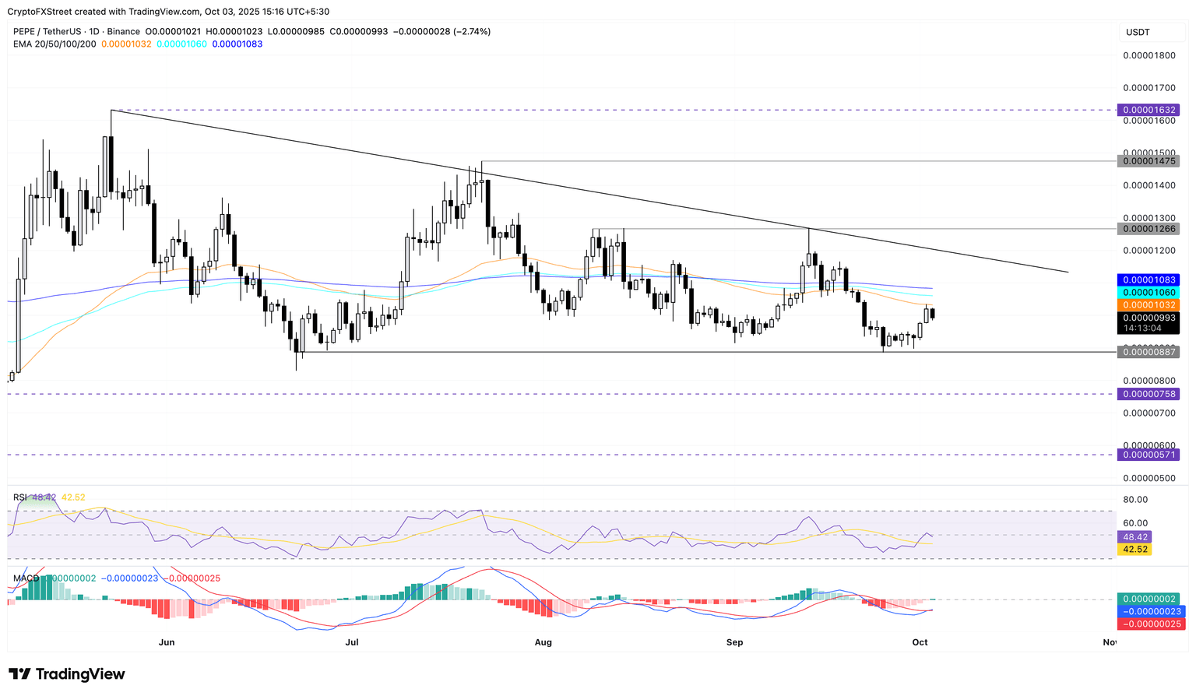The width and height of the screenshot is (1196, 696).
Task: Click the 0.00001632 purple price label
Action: click(1147, 110)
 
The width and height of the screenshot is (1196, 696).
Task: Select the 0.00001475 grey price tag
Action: click(1147, 161)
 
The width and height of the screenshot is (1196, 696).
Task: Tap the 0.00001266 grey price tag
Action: click(1147, 229)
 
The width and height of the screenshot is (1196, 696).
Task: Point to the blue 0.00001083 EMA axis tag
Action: click(1147, 279)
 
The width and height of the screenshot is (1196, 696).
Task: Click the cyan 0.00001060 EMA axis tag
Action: click(1147, 292)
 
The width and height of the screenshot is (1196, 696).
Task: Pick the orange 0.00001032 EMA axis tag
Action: click(1147, 304)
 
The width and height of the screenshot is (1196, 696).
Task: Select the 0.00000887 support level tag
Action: click(1147, 352)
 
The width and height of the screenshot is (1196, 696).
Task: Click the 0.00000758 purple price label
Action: click(1147, 394)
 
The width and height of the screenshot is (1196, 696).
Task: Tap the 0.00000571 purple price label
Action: click(1147, 455)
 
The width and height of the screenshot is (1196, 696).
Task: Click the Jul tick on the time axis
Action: click(352, 642)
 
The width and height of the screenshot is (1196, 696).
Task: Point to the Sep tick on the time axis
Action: click(734, 642)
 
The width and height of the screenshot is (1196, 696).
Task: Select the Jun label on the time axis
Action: click(166, 642)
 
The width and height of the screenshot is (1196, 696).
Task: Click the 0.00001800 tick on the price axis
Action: click(1149, 55)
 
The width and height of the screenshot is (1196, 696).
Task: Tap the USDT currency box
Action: click(1138, 32)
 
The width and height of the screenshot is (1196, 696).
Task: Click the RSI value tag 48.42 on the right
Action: click(1133, 536)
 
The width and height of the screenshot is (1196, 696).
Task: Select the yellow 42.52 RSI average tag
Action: click(1133, 549)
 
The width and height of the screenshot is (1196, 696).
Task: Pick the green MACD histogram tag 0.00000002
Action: click(1147, 599)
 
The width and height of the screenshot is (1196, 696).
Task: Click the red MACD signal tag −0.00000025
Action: click(1147, 624)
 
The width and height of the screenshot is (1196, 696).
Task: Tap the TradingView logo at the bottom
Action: click(67, 674)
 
